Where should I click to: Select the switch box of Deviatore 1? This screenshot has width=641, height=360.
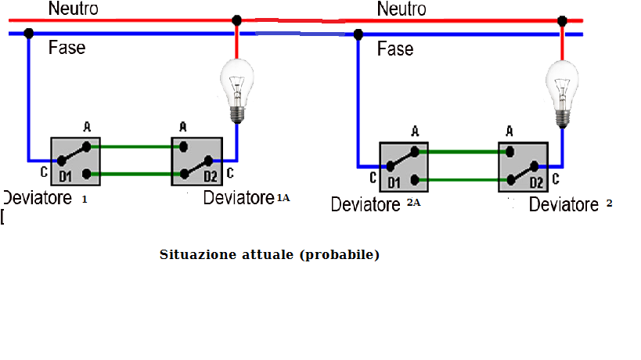[76, 161]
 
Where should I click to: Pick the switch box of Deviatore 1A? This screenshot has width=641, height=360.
[197, 161]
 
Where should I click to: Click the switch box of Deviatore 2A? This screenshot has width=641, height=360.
[404, 167]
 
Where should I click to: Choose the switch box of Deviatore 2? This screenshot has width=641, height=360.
[524, 167]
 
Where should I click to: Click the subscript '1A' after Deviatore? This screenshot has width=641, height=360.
[283, 199]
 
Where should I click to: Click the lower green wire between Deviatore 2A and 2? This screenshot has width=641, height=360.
[462, 181]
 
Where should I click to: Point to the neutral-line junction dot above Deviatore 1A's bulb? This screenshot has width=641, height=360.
[236, 20]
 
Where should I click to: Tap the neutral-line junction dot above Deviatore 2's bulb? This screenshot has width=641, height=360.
[562, 20]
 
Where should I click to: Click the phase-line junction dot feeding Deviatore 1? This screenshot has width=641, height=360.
[29, 34]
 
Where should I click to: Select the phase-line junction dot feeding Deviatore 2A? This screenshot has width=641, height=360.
[358, 34]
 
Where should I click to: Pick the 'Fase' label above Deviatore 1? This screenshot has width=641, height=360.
[67, 48]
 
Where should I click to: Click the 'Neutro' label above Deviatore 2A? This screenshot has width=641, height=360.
[402, 9]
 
